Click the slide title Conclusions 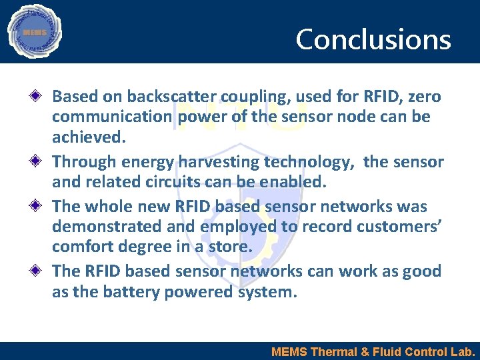(373, 39)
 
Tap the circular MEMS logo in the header (34, 31)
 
